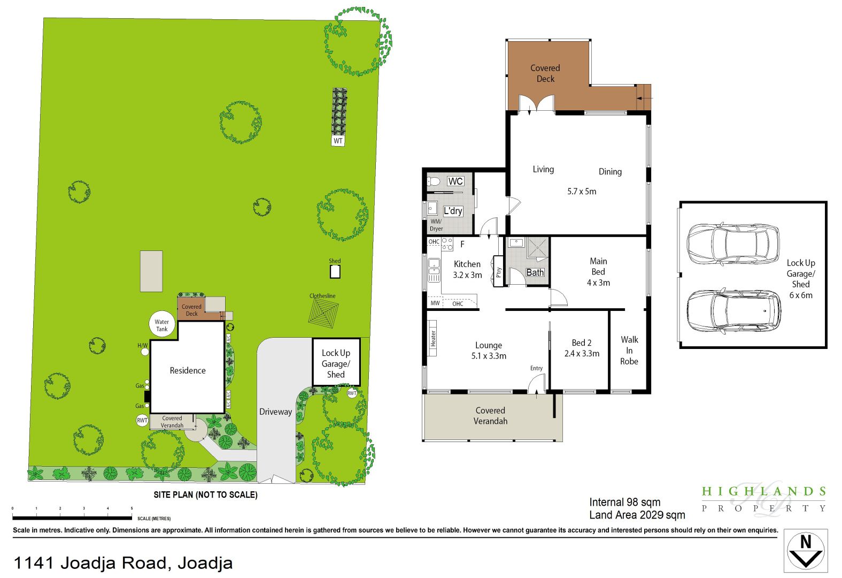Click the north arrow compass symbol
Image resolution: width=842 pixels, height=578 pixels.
(805, 551)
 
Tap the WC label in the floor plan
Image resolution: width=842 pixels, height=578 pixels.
(455, 181)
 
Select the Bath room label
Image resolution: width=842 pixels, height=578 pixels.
(535, 272)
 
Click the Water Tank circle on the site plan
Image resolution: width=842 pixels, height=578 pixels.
(161, 325)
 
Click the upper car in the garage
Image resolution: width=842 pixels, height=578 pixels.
(732, 244)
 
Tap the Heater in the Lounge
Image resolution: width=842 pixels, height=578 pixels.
(432, 338)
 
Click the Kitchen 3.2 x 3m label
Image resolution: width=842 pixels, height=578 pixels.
(467, 269)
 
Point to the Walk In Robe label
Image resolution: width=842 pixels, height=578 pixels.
(629, 351)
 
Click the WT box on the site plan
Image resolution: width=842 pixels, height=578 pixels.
(338, 141)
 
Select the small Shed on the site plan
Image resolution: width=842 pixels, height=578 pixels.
(335, 271)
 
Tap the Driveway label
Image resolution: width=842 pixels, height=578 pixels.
(275, 412)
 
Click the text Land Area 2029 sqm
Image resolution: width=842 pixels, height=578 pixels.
(637, 515)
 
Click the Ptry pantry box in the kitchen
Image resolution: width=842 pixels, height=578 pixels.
(499, 272)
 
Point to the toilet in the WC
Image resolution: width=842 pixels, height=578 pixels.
(433, 181)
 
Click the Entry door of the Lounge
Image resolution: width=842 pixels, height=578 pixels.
(536, 384)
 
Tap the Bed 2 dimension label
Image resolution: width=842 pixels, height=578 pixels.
(582, 353)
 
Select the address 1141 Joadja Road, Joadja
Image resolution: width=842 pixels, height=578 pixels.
(123, 563)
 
